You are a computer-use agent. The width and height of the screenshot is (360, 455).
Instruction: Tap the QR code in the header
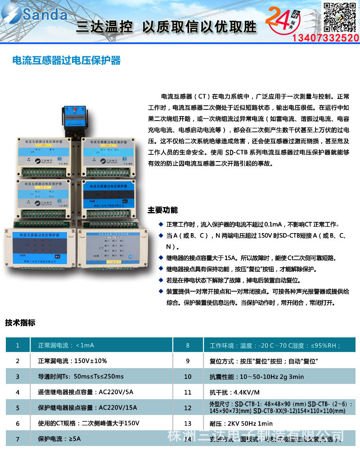[339, 16]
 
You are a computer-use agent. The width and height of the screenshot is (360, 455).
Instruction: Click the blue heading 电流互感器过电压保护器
[66, 60]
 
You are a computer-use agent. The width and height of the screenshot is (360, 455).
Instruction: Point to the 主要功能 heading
[162, 210]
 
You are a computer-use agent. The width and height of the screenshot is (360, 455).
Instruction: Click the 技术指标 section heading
[20, 323]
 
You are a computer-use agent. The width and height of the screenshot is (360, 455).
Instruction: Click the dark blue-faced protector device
[108, 198]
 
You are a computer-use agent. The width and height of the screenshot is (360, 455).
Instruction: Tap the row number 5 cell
[18, 408]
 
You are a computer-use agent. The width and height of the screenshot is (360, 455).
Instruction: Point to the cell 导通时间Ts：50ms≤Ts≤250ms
[81, 376]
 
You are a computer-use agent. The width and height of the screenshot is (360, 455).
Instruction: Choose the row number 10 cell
[188, 376]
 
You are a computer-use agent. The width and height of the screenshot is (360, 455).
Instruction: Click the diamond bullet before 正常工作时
[161, 224]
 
